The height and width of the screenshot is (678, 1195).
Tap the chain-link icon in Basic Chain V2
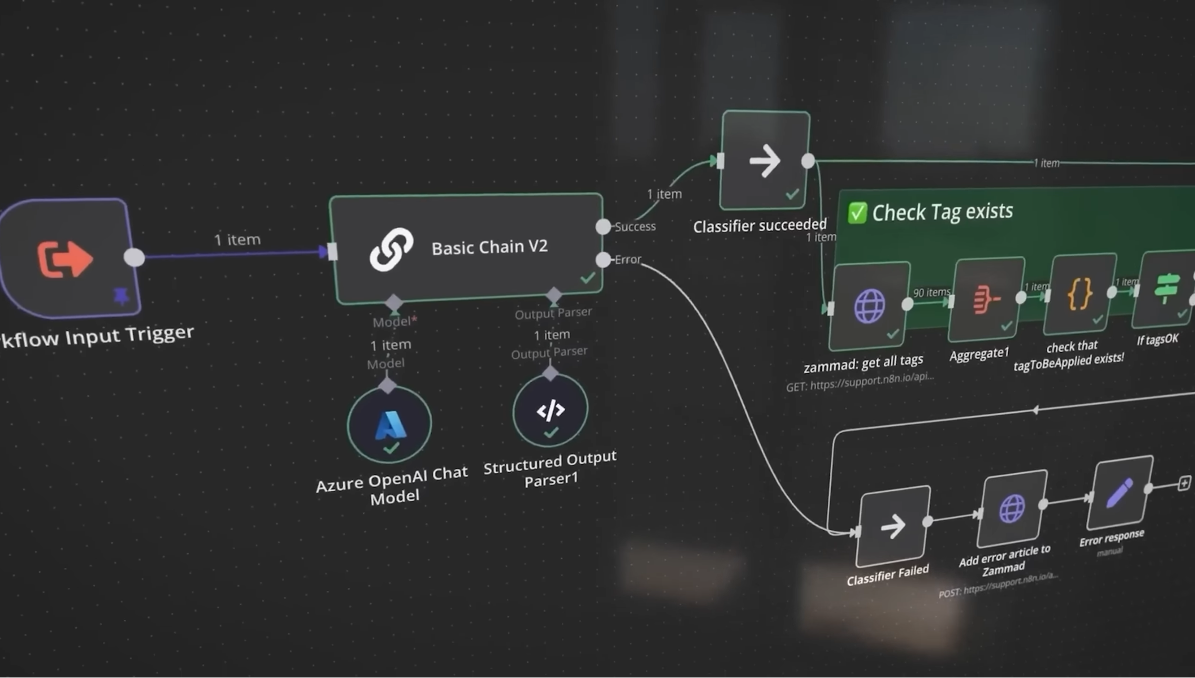391,249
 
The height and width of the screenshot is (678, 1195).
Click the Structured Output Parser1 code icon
550,410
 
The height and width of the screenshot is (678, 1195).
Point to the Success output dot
603,227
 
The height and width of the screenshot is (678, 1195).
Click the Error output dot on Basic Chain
603,260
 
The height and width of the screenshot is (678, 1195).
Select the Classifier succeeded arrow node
765,160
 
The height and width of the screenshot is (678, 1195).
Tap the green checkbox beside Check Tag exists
857,213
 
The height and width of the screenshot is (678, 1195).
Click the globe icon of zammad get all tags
869,305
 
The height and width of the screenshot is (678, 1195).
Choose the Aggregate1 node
986,299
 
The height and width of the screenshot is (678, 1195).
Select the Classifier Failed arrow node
893,526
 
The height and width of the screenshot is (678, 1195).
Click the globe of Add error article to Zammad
1012,509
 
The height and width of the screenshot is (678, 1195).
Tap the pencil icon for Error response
1120,492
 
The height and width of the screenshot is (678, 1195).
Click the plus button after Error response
1184,483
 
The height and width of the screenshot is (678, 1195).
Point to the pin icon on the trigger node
121,297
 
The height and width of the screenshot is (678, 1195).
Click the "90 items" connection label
931,292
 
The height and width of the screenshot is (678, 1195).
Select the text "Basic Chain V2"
490,247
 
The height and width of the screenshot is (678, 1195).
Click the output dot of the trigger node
134,257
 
